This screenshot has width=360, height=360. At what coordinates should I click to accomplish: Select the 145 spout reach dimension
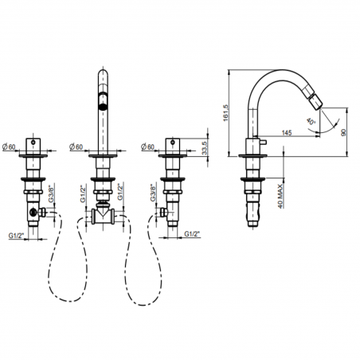(285, 132)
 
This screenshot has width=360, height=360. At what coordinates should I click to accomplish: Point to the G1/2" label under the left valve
(14, 235)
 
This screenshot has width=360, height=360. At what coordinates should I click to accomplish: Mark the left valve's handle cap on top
(34, 143)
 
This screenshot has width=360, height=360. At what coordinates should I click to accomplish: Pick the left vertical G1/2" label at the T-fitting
(83, 195)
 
